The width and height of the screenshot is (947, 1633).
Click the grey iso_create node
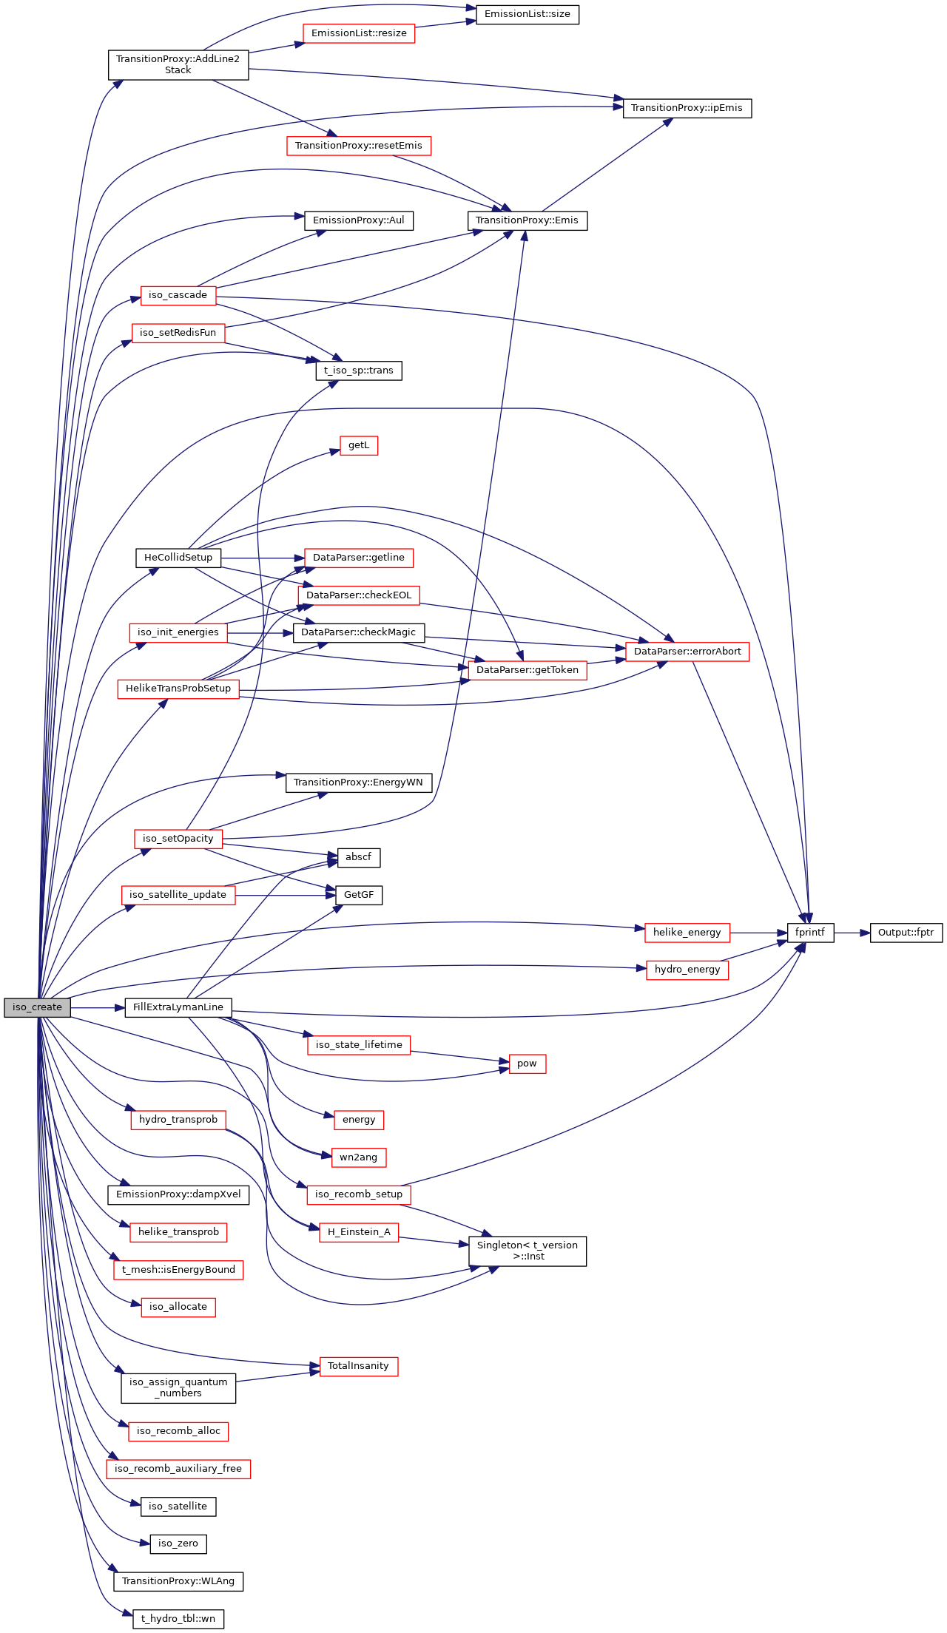tap(37, 1007)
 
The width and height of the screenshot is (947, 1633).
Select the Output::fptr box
tap(906, 933)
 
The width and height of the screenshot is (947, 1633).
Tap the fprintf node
tap(810, 933)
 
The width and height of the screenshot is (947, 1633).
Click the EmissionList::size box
tap(527, 14)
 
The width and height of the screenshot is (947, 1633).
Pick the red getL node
tap(359, 445)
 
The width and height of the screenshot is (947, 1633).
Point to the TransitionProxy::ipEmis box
tap(687, 108)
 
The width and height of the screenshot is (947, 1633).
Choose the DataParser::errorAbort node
tap(687, 652)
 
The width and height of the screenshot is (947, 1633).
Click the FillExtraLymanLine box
tap(178, 1007)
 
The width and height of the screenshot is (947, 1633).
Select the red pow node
tap(527, 1064)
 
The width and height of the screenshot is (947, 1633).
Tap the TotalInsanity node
tap(359, 1366)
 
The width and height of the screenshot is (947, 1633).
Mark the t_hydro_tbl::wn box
tap(178, 1619)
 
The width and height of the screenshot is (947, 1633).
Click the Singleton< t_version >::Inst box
tap(527, 1251)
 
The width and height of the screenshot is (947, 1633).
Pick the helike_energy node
tap(687, 933)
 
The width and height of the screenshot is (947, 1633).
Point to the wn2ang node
tap(359, 1157)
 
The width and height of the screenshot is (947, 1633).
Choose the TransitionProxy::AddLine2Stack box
tap(178, 64)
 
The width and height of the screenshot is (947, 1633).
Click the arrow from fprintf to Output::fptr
tap(852, 933)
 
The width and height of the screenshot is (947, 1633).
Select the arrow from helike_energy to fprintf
tap(758, 933)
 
